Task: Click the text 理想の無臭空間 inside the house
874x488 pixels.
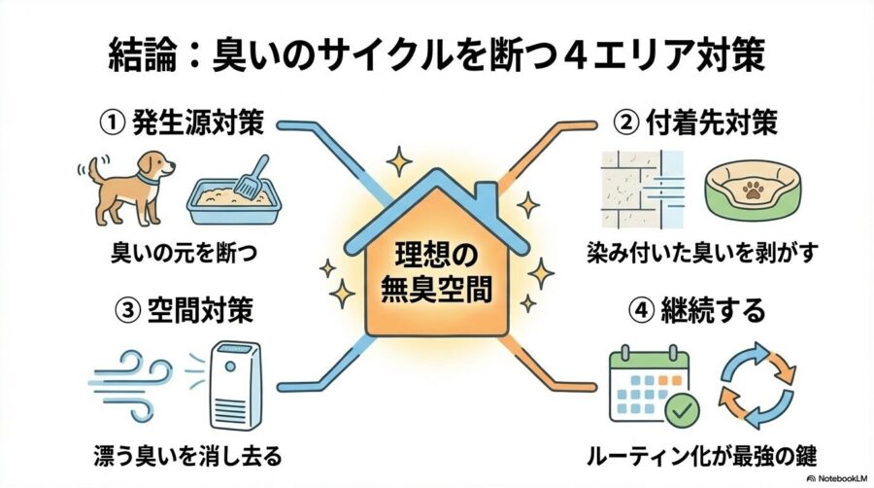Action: coord(436,274)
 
